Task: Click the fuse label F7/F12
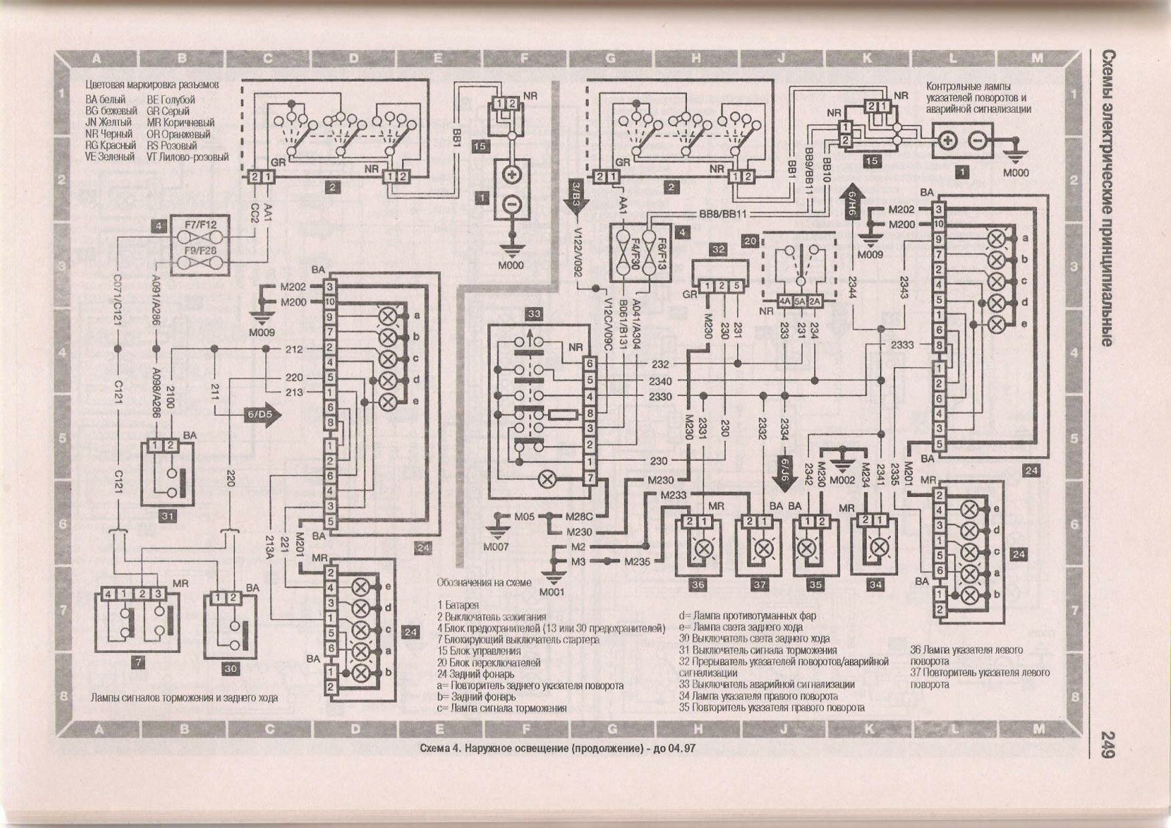[200, 226]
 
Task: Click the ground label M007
[495, 547]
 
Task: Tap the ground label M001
[551, 592]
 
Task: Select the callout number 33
[534, 313]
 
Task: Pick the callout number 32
[718, 249]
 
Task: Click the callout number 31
[167, 516]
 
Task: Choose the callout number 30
[230, 668]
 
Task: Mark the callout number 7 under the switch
[138, 662]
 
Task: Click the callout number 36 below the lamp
[698, 584]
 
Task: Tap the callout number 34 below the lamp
[875, 584]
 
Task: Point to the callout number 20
[750, 240]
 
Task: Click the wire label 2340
[660, 381]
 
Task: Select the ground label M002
[843, 479]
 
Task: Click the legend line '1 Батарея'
[458, 605]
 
